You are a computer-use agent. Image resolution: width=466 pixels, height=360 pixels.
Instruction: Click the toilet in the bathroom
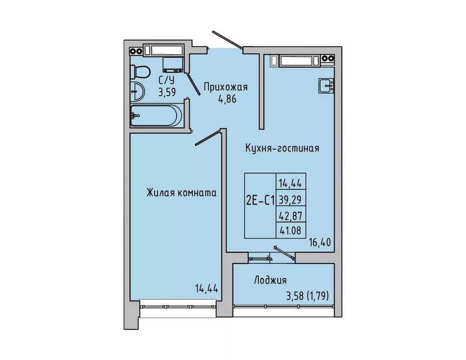tap(140, 72)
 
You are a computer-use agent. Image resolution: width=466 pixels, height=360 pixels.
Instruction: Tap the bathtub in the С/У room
tap(156, 115)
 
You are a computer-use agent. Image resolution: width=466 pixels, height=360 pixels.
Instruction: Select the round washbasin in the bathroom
tap(137, 91)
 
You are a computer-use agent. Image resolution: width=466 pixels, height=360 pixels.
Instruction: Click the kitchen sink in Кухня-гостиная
tap(326, 86)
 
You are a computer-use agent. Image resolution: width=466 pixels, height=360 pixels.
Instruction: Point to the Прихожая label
tap(226, 87)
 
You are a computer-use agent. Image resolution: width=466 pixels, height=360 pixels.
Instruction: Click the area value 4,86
tap(227, 99)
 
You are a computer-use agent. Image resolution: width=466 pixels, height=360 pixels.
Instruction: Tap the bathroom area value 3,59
tap(167, 92)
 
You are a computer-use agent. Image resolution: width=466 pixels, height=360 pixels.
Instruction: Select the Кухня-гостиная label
tap(282, 148)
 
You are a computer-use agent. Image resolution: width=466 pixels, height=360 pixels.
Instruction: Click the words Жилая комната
tap(181, 193)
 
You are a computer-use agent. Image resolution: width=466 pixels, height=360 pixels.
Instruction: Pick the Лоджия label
tap(270, 281)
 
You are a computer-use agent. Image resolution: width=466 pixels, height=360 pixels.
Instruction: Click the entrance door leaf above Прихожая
tap(227, 39)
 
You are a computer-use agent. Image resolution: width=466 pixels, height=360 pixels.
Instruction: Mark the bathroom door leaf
tap(193, 84)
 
